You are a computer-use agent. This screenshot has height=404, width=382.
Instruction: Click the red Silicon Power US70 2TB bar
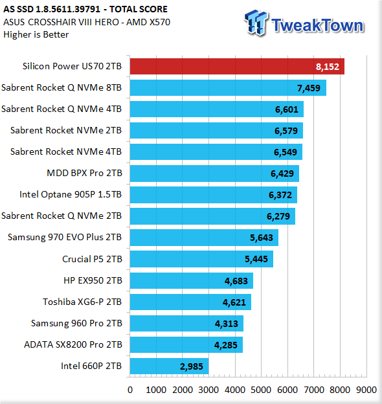point(237,67)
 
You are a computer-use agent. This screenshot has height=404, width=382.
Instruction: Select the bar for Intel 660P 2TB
point(169,366)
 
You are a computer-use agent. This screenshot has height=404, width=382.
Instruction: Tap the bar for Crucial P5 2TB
point(201,259)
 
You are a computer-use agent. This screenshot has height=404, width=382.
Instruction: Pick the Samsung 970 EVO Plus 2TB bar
point(204,238)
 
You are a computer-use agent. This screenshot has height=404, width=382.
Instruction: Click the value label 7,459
point(309,88)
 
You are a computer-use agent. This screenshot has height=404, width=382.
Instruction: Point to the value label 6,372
point(280,195)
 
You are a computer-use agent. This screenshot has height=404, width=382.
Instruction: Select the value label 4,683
point(236,281)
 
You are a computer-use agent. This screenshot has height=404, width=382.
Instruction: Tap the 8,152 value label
point(328,67)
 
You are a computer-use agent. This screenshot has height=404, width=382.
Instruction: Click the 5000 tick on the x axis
point(261,390)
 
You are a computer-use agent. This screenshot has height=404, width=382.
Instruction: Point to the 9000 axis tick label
point(366,390)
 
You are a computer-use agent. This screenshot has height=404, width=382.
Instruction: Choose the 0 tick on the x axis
point(130,390)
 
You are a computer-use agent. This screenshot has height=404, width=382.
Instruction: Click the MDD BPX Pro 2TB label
point(84,173)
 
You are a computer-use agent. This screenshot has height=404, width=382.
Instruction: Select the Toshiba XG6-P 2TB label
point(82,302)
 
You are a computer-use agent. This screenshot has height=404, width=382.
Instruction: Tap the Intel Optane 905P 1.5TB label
point(71,194)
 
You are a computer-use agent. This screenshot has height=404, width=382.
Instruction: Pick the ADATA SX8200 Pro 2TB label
point(73,344)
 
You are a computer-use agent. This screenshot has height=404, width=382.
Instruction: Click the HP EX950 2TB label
point(93,280)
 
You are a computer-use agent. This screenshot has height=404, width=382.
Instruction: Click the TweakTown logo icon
point(256,23)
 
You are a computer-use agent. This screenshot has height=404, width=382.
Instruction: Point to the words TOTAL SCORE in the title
point(139,9)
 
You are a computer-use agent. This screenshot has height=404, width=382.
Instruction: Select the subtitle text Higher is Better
point(36,34)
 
